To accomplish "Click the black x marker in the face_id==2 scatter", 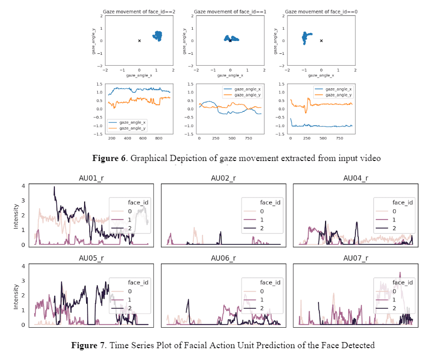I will [x=139, y=41].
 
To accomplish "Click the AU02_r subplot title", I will [x=224, y=178].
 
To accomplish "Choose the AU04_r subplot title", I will [x=355, y=178].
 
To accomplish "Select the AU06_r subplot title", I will [x=224, y=258].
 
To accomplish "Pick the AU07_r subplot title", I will [x=355, y=258].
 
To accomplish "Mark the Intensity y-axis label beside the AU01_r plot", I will [x=15, y=216].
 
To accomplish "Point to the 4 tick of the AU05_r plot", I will [x=23, y=266].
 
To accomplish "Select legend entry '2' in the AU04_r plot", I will [x=394, y=228].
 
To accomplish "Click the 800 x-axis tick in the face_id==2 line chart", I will [x=158, y=138].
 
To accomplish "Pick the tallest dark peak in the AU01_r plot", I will [x=54, y=188].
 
